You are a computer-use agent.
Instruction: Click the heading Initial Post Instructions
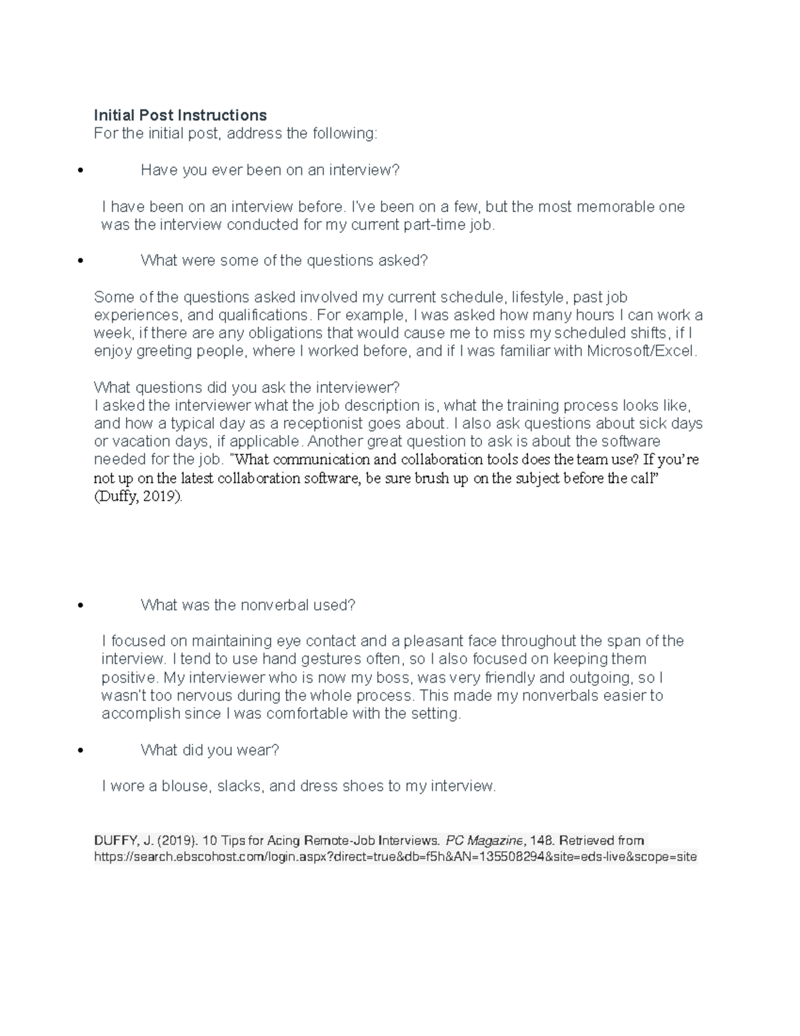pos(180,115)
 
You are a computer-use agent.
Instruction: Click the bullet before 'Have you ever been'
pos(81,171)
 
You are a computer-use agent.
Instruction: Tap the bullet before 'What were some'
pos(81,261)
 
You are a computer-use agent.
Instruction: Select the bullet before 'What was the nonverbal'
pos(81,606)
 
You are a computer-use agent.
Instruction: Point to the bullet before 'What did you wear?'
pos(81,750)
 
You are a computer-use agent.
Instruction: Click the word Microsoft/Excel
pos(641,351)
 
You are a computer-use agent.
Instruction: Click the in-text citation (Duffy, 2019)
pos(137,497)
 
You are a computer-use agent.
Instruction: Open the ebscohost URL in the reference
pos(395,857)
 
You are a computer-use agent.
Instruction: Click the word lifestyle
pos(537,297)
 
